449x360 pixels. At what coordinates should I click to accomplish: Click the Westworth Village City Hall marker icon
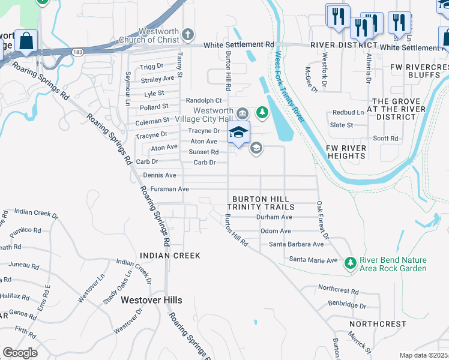(242, 112)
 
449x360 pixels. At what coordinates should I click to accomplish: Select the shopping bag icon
(26, 41)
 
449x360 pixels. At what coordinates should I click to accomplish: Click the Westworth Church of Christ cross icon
(188, 34)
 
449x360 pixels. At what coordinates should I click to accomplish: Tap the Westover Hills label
(151, 299)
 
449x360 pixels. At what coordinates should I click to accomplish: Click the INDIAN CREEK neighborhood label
(170, 256)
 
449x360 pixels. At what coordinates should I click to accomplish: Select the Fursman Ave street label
(170, 189)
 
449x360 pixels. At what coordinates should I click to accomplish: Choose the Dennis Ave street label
(160, 175)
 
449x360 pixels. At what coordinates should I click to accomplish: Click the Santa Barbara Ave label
(296, 244)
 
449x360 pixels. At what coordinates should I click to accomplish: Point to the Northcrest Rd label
(338, 291)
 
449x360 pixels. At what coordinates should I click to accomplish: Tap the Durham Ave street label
(274, 217)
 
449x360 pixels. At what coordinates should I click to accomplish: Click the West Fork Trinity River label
(290, 87)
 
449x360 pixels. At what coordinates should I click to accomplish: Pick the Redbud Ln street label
(348, 112)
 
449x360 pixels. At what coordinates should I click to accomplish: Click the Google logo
(20, 353)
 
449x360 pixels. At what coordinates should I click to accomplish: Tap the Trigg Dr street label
(151, 66)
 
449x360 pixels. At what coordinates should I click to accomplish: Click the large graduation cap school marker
(238, 133)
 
